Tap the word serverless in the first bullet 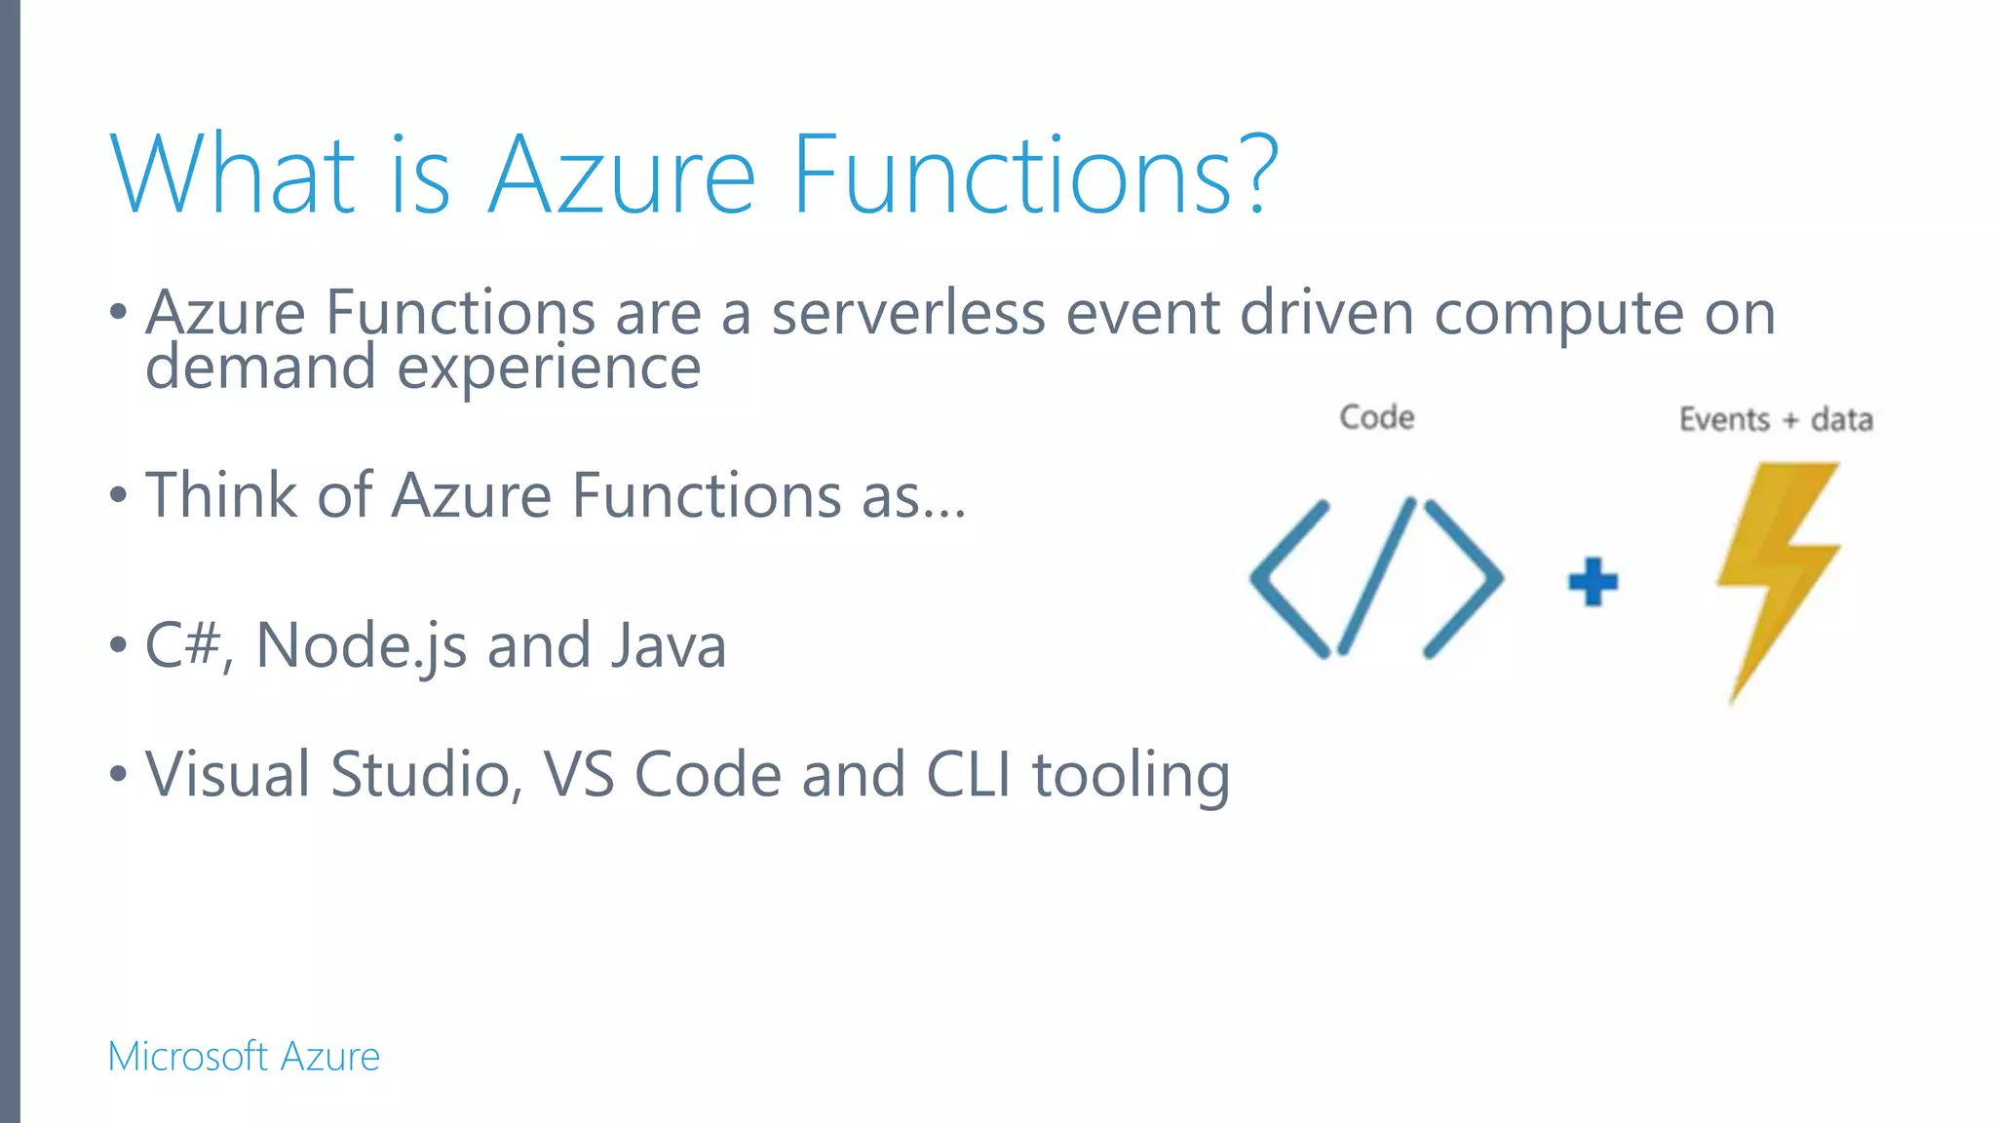pos(907,314)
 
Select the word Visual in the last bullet pos(228,775)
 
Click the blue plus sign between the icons pos(1593,582)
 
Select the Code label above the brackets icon pos(1376,417)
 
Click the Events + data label pos(1775,420)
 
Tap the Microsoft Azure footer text pos(244,1057)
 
